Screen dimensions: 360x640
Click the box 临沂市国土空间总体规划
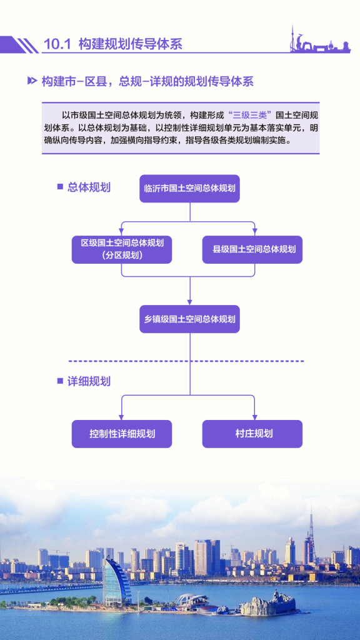pyautogui.click(x=189, y=189)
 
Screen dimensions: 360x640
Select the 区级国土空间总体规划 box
pyautogui.click(x=122, y=249)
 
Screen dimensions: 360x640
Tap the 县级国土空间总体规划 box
pyautogui.click(x=252, y=249)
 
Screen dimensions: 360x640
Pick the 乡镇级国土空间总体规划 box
pyautogui.click(x=189, y=319)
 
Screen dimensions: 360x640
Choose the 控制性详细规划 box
pyautogui.click(x=122, y=434)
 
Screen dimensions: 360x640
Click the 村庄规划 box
pyautogui.click(x=252, y=434)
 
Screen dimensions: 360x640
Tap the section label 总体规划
pyautogui.click(x=89, y=187)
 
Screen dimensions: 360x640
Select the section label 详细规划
pyautogui.click(x=89, y=382)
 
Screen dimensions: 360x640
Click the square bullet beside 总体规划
pyautogui.click(x=60, y=187)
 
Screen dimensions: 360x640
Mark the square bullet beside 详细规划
pyautogui.click(x=60, y=381)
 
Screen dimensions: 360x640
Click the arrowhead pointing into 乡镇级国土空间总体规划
pyautogui.click(x=190, y=302)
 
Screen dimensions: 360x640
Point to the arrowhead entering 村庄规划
pyautogui.click(x=254, y=417)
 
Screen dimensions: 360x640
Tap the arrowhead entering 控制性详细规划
pyautogui.click(x=122, y=417)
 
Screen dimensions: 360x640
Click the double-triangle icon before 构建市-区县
pyautogui.click(x=32, y=81)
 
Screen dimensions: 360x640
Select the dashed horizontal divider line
pyautogui.click(x=186, y=361)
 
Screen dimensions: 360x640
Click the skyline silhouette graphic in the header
pyautogui.click(x=320, y=40)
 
